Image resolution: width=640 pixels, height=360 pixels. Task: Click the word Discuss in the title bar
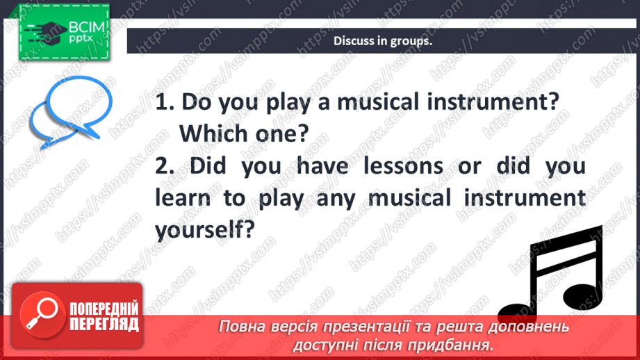tap(352, 41)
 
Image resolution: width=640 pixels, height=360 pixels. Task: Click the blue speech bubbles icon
tap(72, 111)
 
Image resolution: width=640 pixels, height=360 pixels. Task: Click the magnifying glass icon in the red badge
tap(40, 312)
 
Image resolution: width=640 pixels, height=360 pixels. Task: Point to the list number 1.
tap(164, 103)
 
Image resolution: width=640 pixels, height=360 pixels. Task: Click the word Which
tap(213, 133)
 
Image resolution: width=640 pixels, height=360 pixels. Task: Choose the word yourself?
tap(202, 230)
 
